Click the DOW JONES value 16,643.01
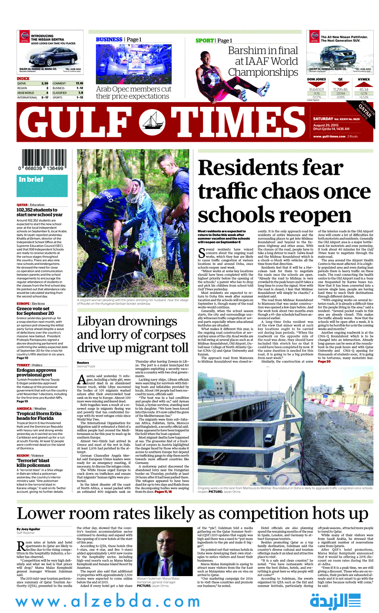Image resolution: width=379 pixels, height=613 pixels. [317, 90]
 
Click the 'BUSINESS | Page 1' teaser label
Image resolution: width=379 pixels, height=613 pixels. [118, 39]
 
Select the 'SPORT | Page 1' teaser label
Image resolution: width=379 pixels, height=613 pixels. [214, 41]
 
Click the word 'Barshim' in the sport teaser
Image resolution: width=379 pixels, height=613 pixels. [246, 51]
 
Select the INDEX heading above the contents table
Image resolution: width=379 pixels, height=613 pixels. [23, 78]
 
